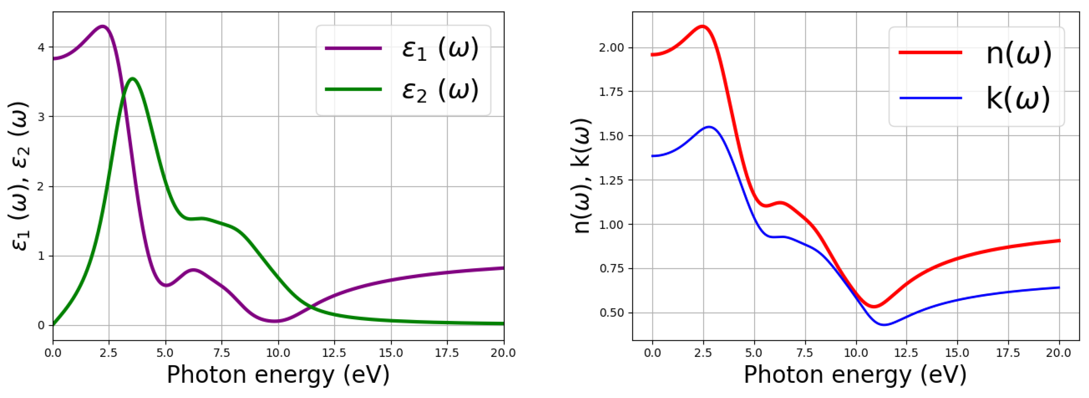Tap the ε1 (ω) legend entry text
(440, 49)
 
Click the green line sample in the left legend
(353, 89)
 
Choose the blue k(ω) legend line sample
(931, 98)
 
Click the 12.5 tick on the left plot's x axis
(334, 353)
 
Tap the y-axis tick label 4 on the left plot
(41, 47)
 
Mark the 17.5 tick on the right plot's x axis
(1008, 353)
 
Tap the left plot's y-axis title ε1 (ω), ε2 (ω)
(19, 175)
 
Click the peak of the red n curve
(703, 26)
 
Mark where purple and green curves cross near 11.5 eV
(311, 306)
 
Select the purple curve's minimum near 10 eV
(276, 321)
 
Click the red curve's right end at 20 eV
(1059, 241)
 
